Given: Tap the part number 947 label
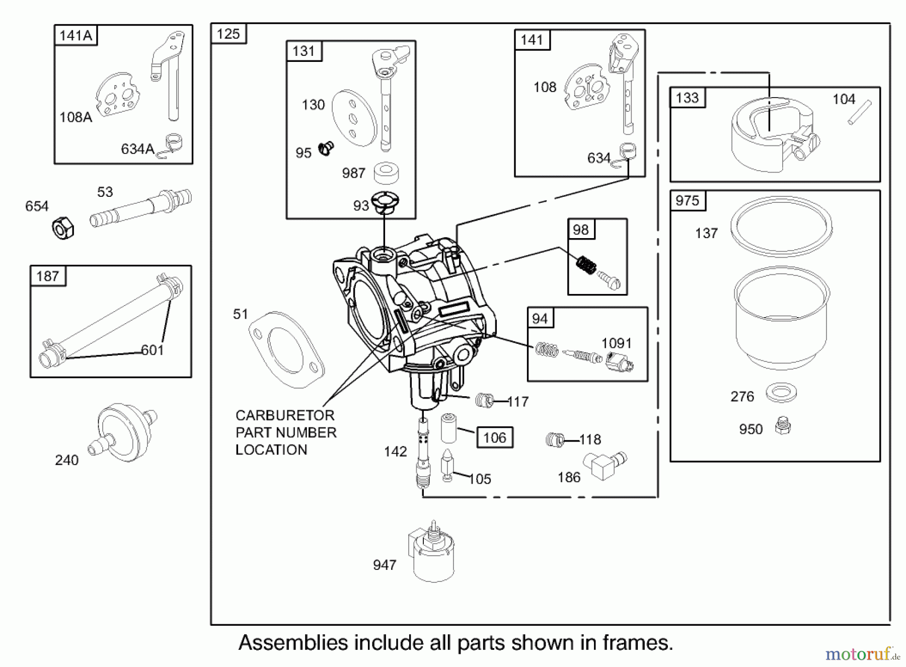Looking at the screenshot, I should coord(385,565).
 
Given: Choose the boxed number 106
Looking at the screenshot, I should coord(494,437).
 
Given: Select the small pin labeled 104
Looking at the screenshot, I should coord(859,113).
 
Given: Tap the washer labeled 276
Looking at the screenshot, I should coord(781,392).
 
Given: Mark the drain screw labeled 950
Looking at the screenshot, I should coord(783,426).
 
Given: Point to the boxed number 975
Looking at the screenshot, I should coord(688,200).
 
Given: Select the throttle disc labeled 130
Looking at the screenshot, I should coord(354,119).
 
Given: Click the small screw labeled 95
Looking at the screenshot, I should coord(326,149).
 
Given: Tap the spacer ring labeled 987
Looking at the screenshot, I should coord(386,173).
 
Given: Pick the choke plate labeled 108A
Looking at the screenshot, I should coord(117,95).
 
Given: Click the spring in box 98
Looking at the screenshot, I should coord(586,264).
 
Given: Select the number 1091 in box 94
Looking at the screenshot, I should coord(617,343).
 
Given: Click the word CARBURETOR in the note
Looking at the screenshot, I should coord(285,415).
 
